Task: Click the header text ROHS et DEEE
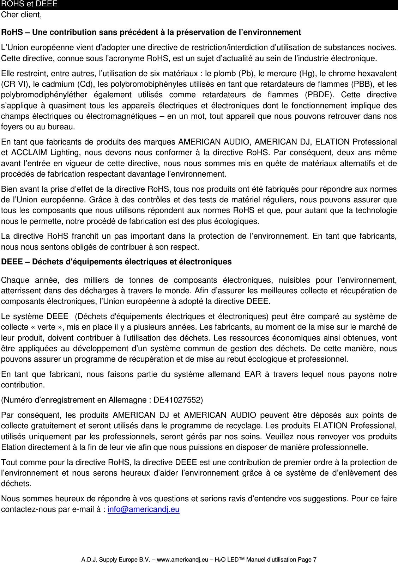pos(29,4)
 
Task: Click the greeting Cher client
pos(22,15)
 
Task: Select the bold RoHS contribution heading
pos(151,32)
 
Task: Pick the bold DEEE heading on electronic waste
pos(116,262)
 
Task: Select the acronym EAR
pos(253,374)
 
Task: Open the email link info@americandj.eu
pos(144,509)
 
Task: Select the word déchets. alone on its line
pos(16,484)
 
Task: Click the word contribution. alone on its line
pos(23,385)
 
